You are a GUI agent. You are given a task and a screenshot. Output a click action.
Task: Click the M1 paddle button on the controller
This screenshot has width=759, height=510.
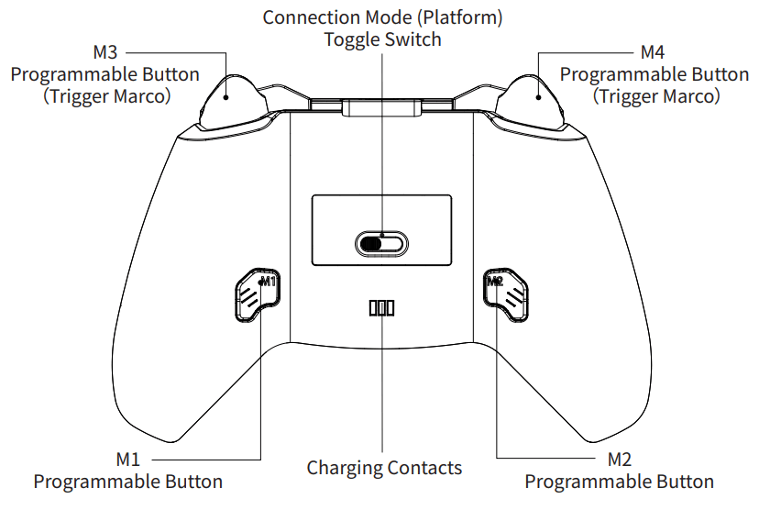pos(253,293)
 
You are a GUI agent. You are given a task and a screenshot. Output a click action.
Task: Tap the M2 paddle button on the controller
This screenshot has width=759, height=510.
pos(506,293)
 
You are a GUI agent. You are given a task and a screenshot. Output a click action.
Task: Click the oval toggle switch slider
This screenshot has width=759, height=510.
pos(380,243)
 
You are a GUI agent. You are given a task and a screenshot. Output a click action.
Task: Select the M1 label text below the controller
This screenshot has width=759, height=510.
pos(128,459)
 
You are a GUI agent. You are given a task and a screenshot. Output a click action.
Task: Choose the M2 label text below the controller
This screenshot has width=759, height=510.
pos(620,459)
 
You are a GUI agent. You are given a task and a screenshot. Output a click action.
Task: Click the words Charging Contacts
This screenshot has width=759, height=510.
pos(384,468)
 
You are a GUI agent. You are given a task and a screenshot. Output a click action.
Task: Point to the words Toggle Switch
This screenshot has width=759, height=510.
pos(382,39)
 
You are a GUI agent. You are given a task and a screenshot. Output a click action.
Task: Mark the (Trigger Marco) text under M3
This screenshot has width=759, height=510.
pos(106,95)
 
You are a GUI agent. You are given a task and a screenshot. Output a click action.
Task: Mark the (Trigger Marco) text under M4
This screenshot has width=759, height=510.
pos(656,95)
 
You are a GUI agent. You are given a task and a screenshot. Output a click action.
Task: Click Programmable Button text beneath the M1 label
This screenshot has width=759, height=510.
pos(128,482)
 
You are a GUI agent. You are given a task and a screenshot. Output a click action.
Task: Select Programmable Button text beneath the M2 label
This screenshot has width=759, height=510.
pos(620,482)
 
